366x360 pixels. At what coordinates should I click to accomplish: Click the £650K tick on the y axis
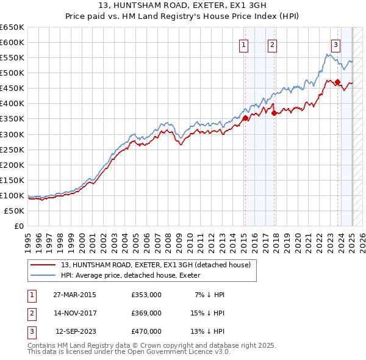pyautogui.click(x=12, y=27)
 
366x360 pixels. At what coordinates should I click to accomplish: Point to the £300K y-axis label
pyautogui.click(x=12, y=134)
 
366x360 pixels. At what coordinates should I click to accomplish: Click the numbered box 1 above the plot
pyautogui.click(x=243, y=44)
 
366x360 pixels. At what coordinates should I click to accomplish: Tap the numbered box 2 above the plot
pyautogui.click(x=271, y=44)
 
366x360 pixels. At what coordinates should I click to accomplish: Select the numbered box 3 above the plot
pyautogui.click(x=335, y=44)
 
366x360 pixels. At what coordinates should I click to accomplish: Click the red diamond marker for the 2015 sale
pyautogui.click(x=245, y=118)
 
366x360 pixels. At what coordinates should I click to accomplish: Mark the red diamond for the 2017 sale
pyautogui.click(x=274, y=113)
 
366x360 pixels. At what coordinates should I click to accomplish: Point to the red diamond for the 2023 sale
pyautogui.click(x=337, y=82)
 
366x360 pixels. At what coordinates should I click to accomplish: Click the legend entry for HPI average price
pyautogui.click(x=135, y=276)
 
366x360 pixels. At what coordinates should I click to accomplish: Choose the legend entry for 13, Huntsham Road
pyautogui.click(x=156, y=265)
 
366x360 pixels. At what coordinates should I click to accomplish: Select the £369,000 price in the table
pyautogui.click(x=146, y=313)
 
